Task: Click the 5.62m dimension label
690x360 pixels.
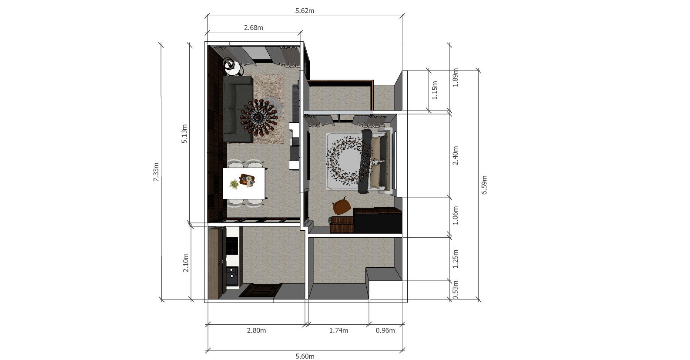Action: (x=305, y=11)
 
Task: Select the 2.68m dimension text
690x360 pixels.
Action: (x=254, y=28)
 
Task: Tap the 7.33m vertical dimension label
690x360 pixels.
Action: (x=156, y=172)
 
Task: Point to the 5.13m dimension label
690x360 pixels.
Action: (x=184, y=134)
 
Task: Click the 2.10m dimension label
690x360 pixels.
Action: (x=186, y=263)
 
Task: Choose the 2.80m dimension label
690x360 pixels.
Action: (x=256, y=330)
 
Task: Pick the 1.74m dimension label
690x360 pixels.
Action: (x=338, y=330)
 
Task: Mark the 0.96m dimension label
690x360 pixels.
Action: (x=385, y=330)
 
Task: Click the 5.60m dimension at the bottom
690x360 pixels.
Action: (x=305, y=357)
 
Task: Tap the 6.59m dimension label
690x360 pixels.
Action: (x=484, y=185)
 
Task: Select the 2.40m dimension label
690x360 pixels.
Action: (x=455, y=156)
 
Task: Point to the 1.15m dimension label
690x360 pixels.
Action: (x=435, y=90)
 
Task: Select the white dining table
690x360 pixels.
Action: (x=244, y=183)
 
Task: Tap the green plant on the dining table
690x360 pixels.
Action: (x=234, y=184)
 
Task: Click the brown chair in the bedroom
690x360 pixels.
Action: (x=342, y=207)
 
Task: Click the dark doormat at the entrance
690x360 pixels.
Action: (x=261, y=290)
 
